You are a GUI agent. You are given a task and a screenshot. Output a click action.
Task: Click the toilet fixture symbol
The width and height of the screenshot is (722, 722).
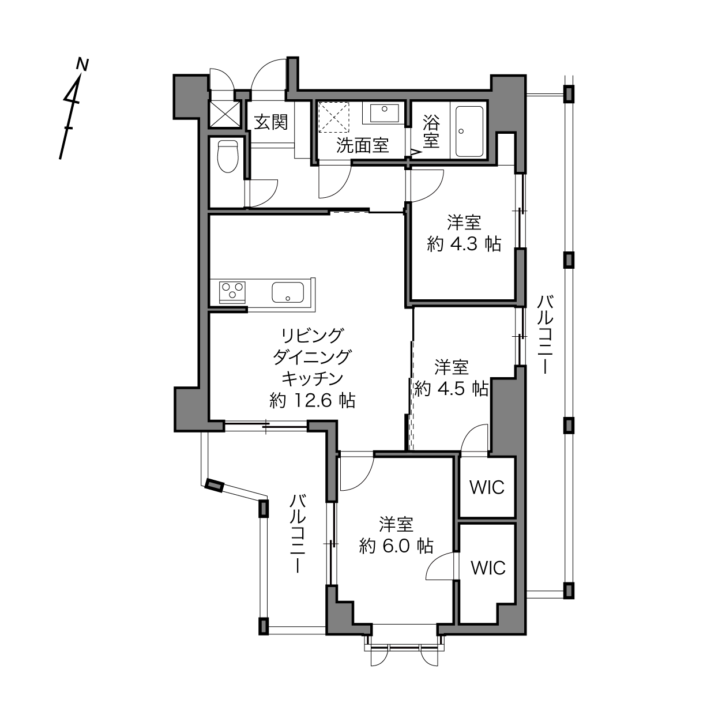228,156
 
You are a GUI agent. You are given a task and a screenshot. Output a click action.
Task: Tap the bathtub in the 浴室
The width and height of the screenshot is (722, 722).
469,131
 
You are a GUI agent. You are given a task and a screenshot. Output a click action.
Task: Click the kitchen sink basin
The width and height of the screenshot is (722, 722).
288,292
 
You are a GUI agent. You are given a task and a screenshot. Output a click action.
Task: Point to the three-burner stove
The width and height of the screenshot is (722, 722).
232,292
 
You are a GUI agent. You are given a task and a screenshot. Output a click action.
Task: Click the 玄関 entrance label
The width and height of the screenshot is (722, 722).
271,122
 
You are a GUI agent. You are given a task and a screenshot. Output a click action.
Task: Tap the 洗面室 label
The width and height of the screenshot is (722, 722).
362,145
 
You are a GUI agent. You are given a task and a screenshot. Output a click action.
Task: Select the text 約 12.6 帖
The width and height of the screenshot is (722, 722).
313,401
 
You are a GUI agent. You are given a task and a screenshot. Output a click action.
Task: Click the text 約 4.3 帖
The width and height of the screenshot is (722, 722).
464,245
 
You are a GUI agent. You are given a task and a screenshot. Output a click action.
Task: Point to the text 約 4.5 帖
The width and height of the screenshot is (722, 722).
452,389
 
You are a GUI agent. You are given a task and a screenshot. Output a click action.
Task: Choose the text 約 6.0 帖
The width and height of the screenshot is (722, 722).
396,546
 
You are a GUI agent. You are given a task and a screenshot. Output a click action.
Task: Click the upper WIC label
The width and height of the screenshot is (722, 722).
487,487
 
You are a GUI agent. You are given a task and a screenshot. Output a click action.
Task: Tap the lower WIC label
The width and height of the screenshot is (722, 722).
488,568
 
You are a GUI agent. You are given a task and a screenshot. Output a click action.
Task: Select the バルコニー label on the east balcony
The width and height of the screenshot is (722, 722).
545,334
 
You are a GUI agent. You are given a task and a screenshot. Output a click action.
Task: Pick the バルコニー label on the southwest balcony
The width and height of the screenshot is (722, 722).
299,533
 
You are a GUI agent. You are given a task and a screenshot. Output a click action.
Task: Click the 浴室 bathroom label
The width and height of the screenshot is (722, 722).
431,131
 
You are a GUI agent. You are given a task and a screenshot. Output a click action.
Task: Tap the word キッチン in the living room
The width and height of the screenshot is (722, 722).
313,379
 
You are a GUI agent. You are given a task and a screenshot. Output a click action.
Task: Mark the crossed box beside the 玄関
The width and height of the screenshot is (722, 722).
224,114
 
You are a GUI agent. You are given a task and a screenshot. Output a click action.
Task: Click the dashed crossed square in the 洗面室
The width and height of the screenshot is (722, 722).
334,117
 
